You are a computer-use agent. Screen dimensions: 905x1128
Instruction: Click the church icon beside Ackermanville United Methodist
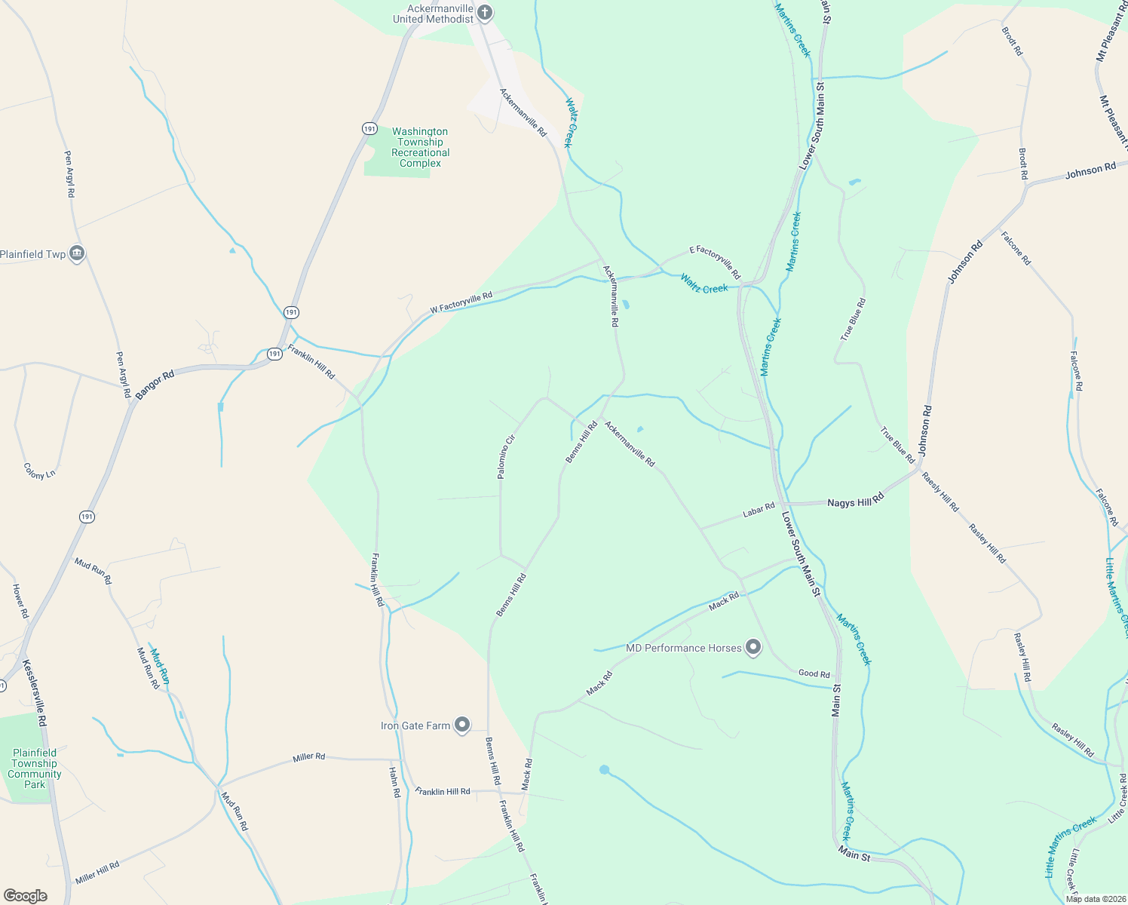(485, 13)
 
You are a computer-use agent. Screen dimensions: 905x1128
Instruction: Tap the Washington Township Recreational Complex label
(420, 147)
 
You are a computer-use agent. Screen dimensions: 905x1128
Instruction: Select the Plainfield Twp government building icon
(76, 254)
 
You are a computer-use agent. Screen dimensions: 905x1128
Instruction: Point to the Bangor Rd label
(155, 384)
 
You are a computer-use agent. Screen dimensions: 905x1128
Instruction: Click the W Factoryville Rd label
(461, 302)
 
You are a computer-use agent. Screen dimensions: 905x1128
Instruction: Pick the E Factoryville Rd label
(716, 262)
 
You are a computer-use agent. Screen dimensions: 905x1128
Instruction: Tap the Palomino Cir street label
(506, 456)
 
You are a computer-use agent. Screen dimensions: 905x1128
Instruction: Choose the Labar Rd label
(759, 511)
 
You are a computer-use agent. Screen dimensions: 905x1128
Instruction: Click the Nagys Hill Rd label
(855, 501)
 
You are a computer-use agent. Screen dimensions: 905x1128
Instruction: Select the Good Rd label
(814, 673)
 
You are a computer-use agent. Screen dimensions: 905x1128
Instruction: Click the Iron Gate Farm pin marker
(462, 726)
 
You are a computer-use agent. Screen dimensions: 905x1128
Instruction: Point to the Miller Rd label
(309, 756)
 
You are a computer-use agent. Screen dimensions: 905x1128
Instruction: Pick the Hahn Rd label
(394, 782)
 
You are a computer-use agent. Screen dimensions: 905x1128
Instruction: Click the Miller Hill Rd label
(97, 873)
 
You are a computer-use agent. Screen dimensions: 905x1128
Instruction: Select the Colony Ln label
(39, 471)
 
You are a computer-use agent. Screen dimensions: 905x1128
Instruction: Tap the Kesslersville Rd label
(35, 692)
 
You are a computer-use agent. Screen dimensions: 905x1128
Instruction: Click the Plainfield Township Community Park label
(35, 768)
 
